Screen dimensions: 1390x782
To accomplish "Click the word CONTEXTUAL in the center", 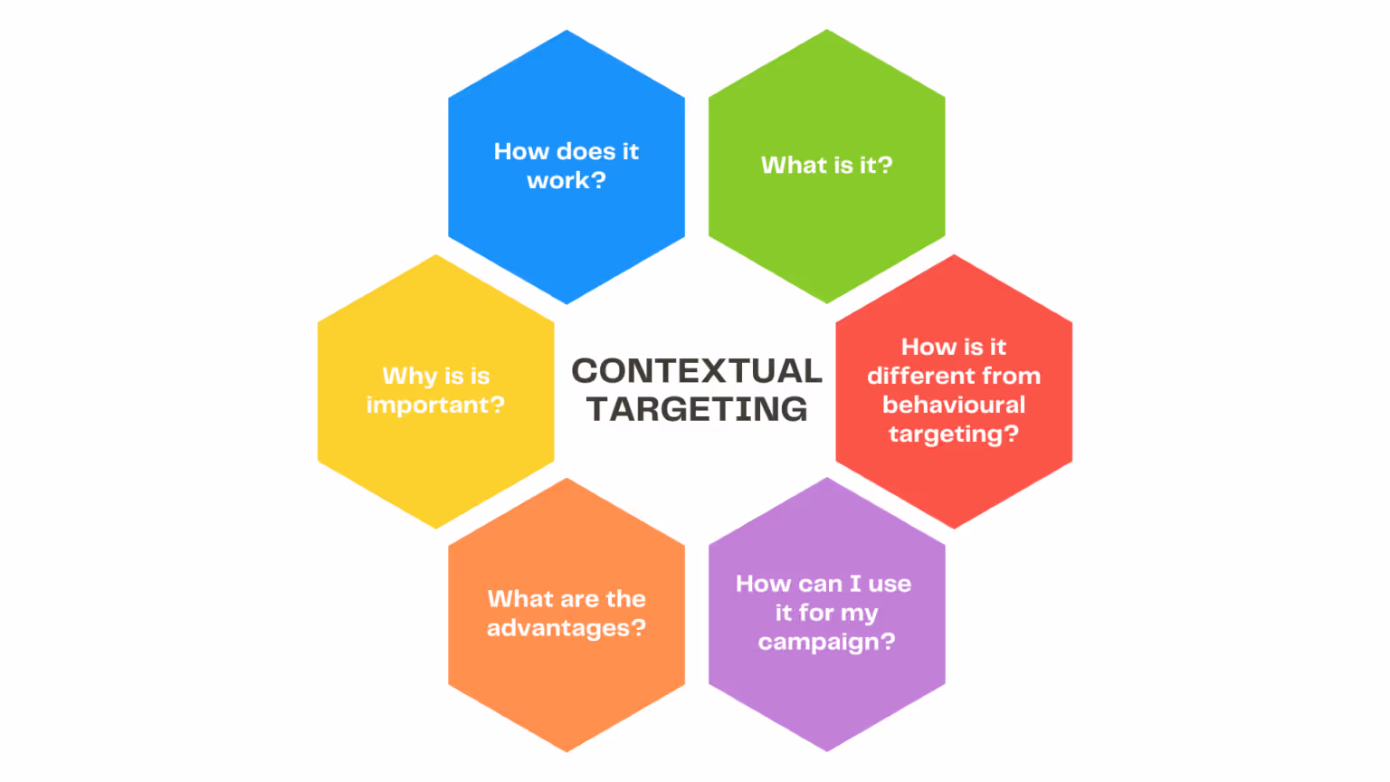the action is (x=697, y=371).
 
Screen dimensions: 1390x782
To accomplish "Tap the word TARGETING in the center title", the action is (x=697, y=409).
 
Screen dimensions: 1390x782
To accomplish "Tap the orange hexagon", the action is (x=566, y=688).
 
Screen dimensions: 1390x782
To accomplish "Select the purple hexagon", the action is (x=826, y=697).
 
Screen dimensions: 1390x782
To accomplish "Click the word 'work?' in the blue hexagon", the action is (x=566, y=180).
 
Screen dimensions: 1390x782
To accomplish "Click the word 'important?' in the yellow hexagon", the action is (x=435, y=405).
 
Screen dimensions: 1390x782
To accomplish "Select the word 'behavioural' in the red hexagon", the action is (x=954, y=405).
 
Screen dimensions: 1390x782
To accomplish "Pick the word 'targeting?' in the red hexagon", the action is (x=954, y=434).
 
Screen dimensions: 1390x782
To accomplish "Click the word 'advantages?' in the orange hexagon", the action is (x=566, y=628).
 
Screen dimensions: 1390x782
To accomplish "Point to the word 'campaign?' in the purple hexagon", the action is (x=826, y=642).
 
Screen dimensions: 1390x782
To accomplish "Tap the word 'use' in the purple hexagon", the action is (x=890, y=584).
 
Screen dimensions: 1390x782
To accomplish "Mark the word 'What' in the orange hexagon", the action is (x=520, y=598).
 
